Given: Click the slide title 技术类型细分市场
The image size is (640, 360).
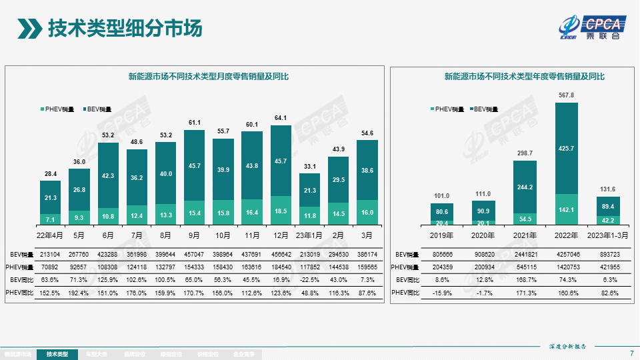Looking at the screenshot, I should (x=124, y=29).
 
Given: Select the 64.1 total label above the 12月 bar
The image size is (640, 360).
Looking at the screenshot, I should (x=281, y=118).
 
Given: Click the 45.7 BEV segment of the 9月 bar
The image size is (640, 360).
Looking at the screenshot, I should (x=194, y=165).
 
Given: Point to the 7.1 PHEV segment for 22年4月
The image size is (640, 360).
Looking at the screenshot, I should (x=50, y=219).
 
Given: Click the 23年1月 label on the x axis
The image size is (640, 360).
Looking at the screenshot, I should (x=309, y=235).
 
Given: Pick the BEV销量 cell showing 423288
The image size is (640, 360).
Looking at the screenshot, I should (x=107, y=254).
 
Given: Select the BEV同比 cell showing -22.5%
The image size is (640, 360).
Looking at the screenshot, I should (x=309, y=279).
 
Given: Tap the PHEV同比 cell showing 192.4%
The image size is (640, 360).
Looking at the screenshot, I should (x=79, y=292).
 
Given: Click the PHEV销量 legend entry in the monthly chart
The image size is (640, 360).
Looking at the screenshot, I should (x=61, y=108).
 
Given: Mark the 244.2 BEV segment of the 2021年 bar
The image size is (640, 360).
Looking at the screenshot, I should (x=525, y=187).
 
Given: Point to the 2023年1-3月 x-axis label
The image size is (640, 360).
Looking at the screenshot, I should (x=607, y=235).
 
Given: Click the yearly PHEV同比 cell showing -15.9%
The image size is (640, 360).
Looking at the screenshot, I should (x=442, y=292).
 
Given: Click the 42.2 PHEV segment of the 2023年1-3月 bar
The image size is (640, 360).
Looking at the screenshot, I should (x=607, y=220).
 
